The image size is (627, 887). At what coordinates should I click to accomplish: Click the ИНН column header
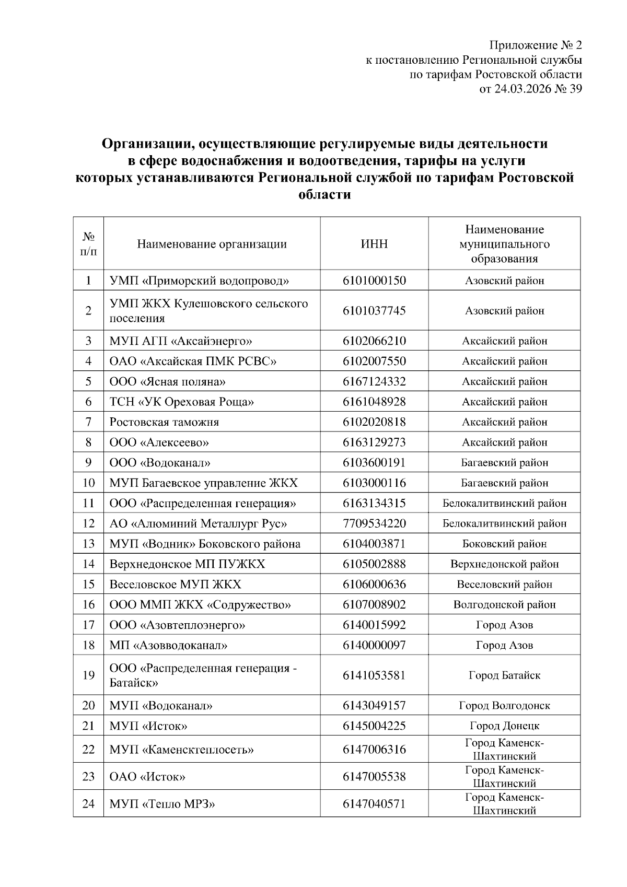click(x=374, y=244)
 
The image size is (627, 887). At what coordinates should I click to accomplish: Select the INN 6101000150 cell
click(x=374, y=281)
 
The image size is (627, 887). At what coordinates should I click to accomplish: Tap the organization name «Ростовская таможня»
click(x=164, y=422)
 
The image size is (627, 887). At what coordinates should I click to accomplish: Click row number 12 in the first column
click(x=88, y=523)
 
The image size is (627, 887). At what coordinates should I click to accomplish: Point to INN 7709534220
click(x=374, y=523)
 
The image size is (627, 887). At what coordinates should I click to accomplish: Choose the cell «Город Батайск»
click(x=504, y=675)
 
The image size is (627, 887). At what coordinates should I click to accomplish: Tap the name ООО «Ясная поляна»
click(x=168, y=381)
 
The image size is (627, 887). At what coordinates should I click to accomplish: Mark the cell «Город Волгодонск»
click(x=504, y=706)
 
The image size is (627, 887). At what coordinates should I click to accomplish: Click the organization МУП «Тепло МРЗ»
click(x=162, y=804)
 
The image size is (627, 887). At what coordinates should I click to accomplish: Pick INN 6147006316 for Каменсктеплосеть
click(x=374, y=750)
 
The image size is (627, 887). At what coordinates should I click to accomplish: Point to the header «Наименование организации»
click(x=212, y=244)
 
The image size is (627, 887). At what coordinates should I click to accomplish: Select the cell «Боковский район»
click(x=504, y=544)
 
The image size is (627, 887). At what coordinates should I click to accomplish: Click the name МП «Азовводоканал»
click(x=168, y=645)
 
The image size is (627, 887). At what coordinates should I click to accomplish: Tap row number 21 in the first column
click(x=88, y=726)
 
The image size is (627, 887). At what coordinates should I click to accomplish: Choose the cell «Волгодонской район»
click(x=504, y=605)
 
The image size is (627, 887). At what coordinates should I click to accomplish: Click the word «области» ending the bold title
click(x=324, y=195)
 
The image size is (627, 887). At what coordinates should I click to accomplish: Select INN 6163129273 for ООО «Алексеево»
click(x=374, y=442)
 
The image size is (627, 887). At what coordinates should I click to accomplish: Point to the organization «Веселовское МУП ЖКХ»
click(x=176, y=585)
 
